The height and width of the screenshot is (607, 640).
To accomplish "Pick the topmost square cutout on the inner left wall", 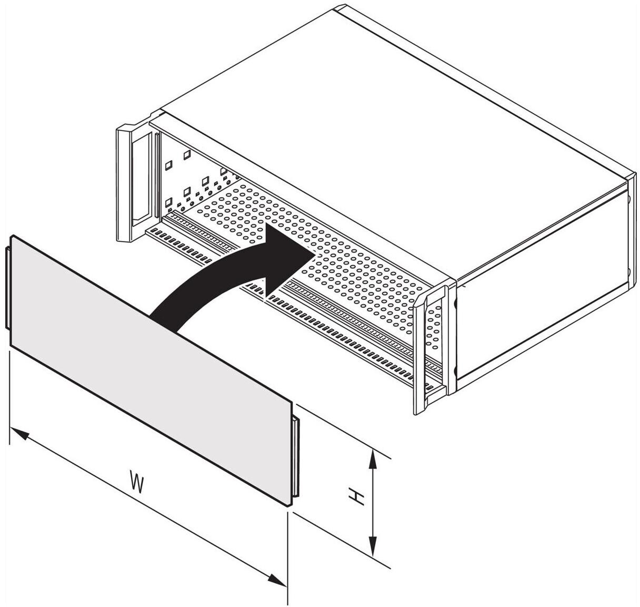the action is tap(187, 155).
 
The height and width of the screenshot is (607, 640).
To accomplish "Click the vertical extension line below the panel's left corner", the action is tap(10, 398).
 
